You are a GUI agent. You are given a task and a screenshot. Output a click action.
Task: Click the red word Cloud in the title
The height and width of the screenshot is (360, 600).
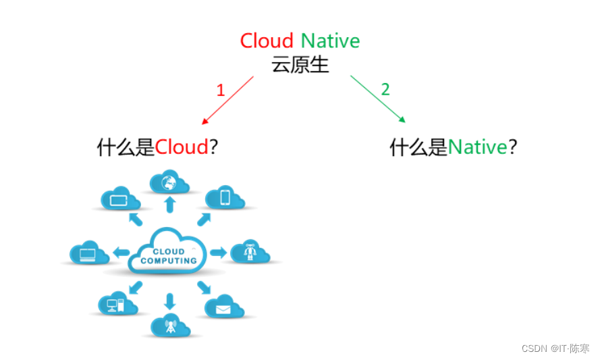point(267,41)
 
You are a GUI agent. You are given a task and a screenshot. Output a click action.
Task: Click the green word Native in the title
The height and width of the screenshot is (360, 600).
point(330,41)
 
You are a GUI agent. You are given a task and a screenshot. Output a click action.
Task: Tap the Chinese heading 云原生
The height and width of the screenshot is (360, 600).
point(300,65)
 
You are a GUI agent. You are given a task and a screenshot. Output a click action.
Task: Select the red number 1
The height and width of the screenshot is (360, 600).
point(220,91)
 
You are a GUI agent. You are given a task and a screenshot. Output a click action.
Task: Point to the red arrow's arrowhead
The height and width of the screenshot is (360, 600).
point(204,122)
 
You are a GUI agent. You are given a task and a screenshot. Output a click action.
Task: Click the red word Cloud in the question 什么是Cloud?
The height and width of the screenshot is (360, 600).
point(182,147)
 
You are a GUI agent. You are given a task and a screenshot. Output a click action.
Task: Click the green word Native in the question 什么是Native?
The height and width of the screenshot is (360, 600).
point(477,147)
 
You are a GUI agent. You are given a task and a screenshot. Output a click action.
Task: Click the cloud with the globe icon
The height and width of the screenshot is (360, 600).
point(169,182)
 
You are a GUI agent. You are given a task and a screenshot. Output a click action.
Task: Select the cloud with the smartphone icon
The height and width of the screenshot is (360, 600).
point(225,197)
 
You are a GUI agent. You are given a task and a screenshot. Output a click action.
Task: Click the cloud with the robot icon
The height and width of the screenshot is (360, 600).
point(250,253)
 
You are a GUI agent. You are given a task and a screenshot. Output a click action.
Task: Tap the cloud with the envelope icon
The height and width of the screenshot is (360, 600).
point(223,307)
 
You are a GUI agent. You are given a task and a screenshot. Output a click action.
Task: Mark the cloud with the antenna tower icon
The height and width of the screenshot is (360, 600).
point(169,326)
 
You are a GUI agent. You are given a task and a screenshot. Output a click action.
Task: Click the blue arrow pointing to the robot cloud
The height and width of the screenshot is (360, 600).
point(218,253)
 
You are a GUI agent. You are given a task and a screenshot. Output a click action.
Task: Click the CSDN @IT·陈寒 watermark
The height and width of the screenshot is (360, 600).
point(555,349)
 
